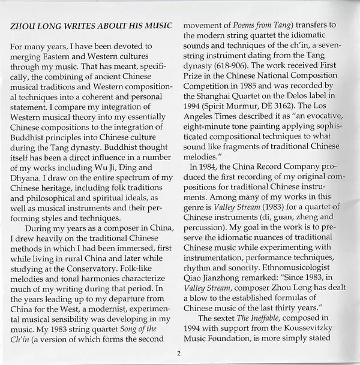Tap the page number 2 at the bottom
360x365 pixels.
pyautogui.click(x=179, y=354)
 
